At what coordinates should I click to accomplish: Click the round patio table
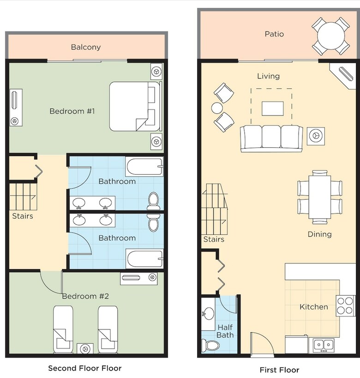tap(330, 36)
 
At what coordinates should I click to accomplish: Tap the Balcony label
tap(86, 47)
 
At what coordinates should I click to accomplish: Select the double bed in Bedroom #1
tap(135, 106)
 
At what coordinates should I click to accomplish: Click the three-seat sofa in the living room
tap(271, 138)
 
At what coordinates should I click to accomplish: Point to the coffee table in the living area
tap(272, 109)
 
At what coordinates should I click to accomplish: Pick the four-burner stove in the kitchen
tap(345, 305)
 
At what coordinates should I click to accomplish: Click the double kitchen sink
tap(324, 345)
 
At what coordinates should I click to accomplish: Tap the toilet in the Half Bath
tap(210, 346)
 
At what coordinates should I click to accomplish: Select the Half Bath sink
tap(208, 313)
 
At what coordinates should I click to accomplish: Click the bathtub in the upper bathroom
tap(144, 166)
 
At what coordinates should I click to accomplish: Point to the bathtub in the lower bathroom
tap(144, 259)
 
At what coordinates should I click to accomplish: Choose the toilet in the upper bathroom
tap(153, 201)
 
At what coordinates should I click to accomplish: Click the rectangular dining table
tap(319, 197)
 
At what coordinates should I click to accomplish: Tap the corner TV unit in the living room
tap(343, 76)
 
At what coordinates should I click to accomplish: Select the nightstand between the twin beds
tap(85, 348)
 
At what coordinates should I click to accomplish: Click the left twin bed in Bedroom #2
tap(63, 329)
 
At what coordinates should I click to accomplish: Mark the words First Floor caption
tap(279, 370)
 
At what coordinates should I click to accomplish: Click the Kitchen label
tap(314, 307)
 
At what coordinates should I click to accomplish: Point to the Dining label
tap(319, 234)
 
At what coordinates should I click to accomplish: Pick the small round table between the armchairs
tap(217, 108)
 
